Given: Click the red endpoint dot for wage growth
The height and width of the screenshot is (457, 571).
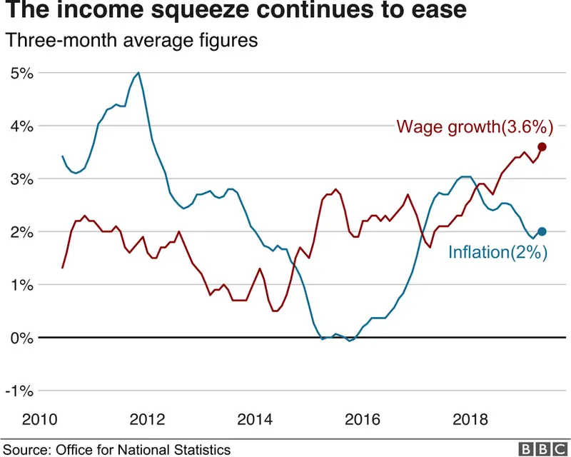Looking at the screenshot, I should tap(542, 146).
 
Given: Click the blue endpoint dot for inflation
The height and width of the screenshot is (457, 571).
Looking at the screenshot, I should tap(542, 231).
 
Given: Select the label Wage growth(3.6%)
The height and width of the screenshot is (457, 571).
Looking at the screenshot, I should tap(475, 128).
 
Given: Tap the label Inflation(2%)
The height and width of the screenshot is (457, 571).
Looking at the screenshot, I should tap(497, 252).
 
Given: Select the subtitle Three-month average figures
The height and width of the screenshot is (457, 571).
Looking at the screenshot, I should tap(131, 41).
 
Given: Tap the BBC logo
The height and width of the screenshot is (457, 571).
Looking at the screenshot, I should tap(541, 448).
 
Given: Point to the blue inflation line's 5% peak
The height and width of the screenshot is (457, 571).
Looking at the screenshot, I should tap(138, 73).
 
